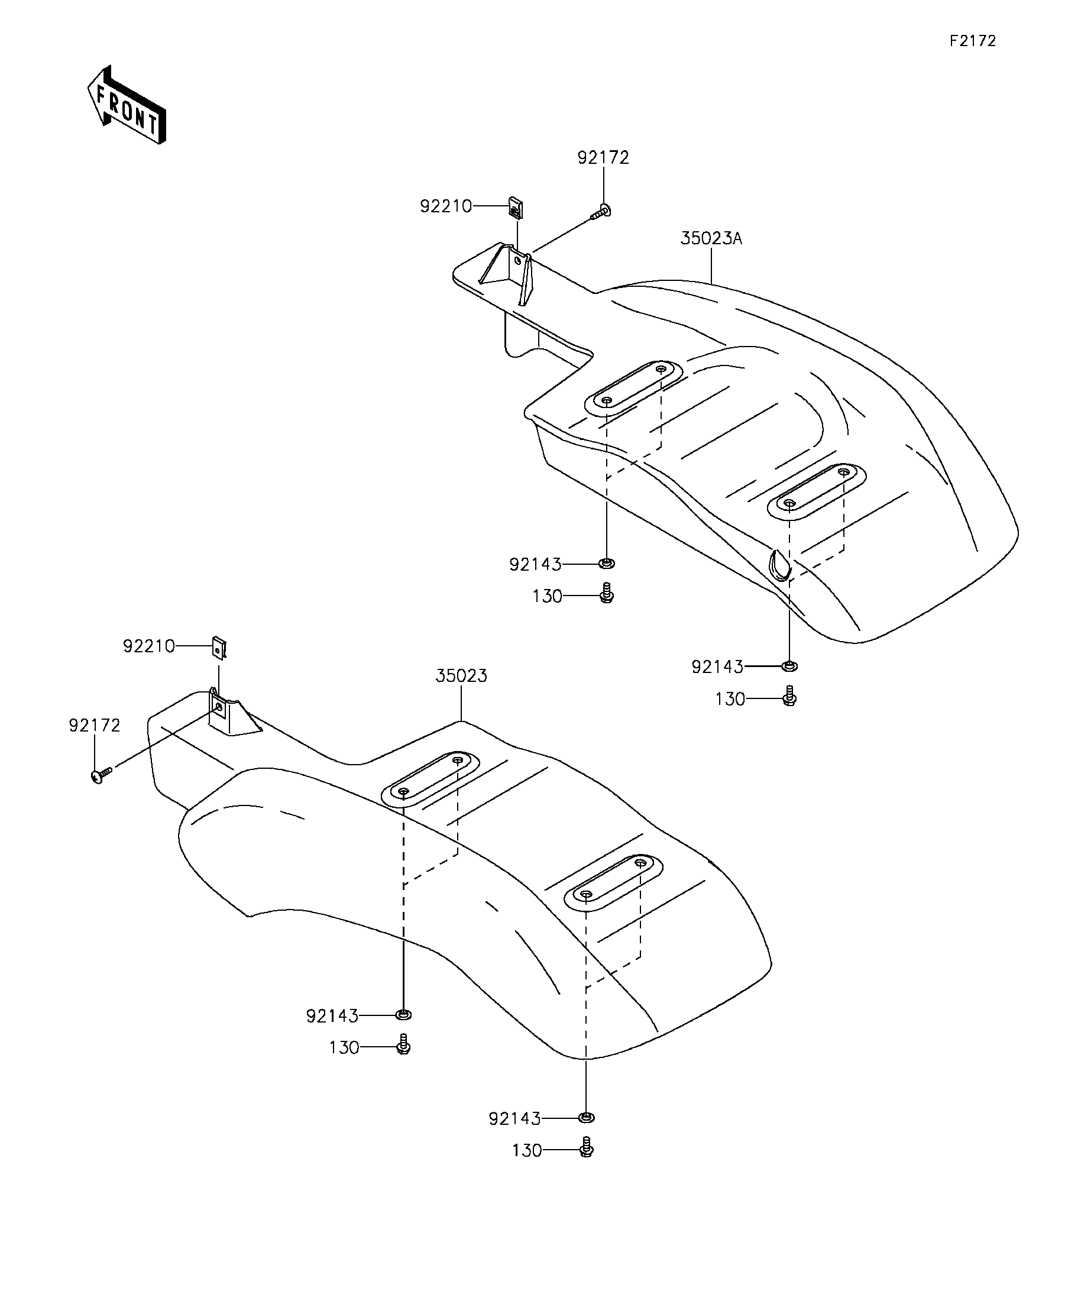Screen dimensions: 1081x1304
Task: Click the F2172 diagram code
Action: point(972,41)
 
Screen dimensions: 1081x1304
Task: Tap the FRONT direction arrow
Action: point(127,105)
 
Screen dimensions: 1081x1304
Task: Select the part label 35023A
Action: point(711,238)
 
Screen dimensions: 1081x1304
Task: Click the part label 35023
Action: point(461,675)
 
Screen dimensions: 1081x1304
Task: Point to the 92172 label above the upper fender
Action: point(603,158)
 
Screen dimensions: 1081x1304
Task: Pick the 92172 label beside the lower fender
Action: point(95,725)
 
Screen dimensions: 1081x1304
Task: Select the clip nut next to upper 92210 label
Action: point(515,209)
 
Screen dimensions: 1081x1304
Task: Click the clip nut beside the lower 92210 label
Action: point(219,648)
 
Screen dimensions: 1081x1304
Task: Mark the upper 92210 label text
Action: point(446,206)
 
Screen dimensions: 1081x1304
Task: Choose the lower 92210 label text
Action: point(149,646)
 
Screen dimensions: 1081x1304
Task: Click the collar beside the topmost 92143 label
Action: point(607,563)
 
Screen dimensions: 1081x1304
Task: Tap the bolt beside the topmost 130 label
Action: point(607,593)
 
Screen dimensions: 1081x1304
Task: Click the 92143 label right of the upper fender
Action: point(717,667)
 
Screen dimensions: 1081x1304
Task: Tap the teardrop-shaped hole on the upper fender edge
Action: point(779,564)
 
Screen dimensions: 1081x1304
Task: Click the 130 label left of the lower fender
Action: point(344,1048)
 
